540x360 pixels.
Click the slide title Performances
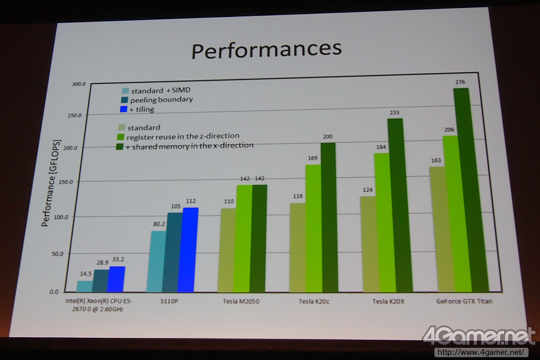(266, 50)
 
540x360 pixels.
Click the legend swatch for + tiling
(124, 109)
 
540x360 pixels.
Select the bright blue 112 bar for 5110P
(188, 250)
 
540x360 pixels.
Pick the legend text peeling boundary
(161, 99)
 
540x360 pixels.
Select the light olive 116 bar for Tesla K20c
(297, 247)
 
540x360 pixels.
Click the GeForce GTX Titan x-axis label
(464, 301)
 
